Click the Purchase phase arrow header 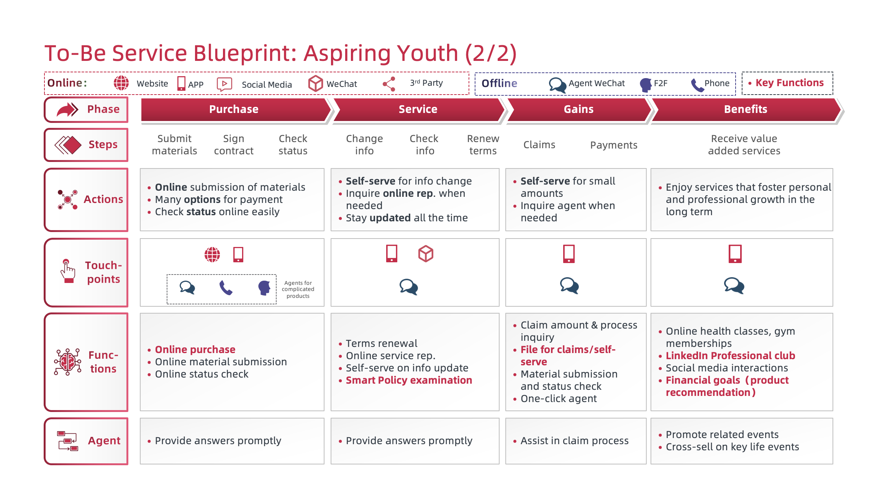[234, 110]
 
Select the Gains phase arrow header [578, 110]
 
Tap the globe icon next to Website [121, 83]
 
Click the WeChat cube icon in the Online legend [315, 83]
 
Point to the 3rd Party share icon [389, 84]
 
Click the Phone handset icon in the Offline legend [697, 85]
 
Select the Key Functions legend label [789, 83]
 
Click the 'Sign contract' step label [234, 145]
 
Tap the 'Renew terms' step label [483, 145]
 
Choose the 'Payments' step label [613, 145]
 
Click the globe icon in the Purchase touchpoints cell [212, 254]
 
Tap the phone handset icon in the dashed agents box [226, 288]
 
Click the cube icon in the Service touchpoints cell [425, 254]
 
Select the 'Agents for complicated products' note [298, 289]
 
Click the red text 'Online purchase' [195, 350]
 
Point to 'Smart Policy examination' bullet [408, 380]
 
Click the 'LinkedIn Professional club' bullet [730, 356]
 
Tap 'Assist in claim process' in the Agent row [574, 441]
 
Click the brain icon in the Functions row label [67, 362]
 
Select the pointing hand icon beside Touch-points [67, 271]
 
